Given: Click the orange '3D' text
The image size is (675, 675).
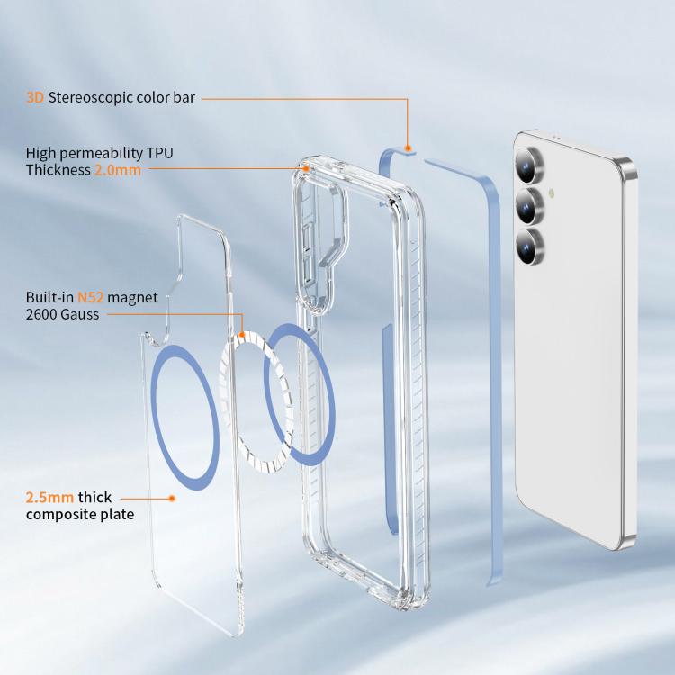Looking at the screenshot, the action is tap(35, 98).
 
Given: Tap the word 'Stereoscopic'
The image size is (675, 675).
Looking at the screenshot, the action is tap(90, 98).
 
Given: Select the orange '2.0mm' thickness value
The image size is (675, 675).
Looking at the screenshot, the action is tap(118, 170).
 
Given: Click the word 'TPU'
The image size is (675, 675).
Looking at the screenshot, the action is tap(159, 153).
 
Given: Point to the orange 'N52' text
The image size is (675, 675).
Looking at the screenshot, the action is tap(90, 298).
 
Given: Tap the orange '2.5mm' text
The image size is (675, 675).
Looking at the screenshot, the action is tap(49, 498).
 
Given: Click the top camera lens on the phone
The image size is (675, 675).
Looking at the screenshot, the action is tap(529, 165).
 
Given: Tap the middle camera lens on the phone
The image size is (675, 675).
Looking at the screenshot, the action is tap(529, 206).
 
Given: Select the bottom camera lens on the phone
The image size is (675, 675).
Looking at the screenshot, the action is tap(530, 247).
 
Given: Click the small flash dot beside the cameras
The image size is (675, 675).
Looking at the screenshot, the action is tap(552, 194).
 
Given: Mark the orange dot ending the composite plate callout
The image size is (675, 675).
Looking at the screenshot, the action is tap(172, 498).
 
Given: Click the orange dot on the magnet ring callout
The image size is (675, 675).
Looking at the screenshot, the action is tap(242, 335).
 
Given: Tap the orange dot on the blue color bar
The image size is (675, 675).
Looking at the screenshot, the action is tap(408, 148).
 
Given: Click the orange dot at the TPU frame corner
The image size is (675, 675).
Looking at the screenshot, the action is tap(306, 169).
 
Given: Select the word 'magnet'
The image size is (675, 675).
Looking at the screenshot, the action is tap(132, 298).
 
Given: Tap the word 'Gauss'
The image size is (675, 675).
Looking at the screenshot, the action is tap(79, 315).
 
